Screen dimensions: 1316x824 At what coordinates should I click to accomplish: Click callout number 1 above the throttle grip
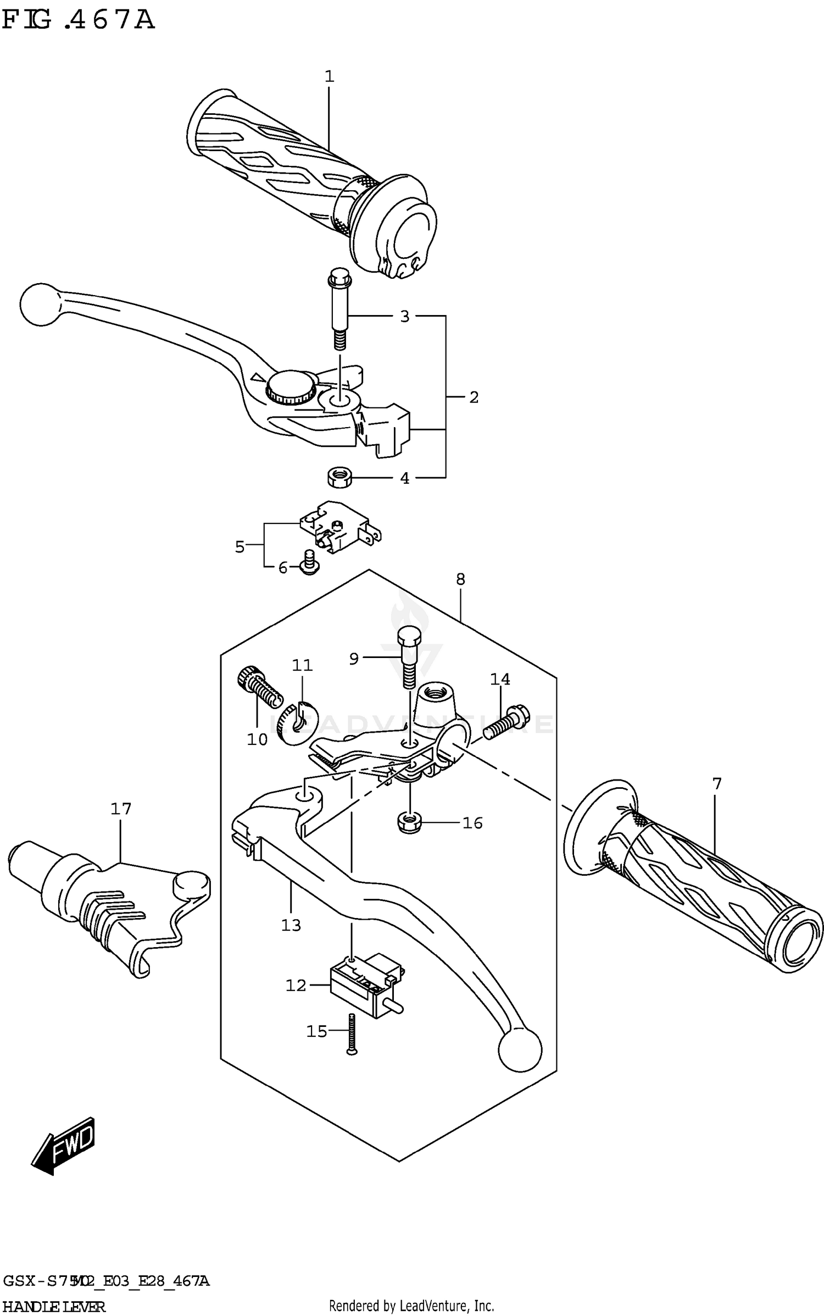pos(329,77)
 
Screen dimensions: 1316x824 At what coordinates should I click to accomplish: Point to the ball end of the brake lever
pos(39,304)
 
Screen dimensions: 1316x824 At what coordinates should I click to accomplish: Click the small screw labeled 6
pos(310,565)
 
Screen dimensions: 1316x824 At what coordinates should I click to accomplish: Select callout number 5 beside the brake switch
pos(240,547)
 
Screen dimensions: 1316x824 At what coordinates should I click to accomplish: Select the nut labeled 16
pos(408,823)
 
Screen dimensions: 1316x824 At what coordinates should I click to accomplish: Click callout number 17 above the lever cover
pos(121,809)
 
